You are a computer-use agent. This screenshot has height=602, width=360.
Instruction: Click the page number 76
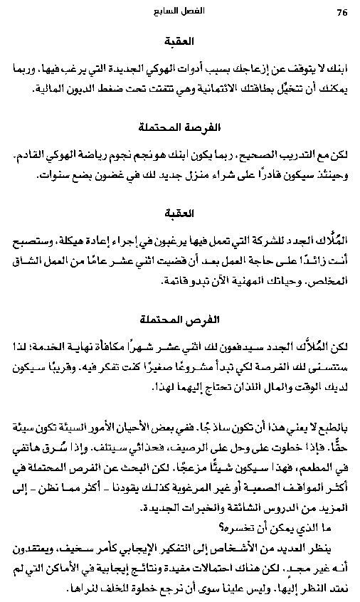click(x=341, y=13)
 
